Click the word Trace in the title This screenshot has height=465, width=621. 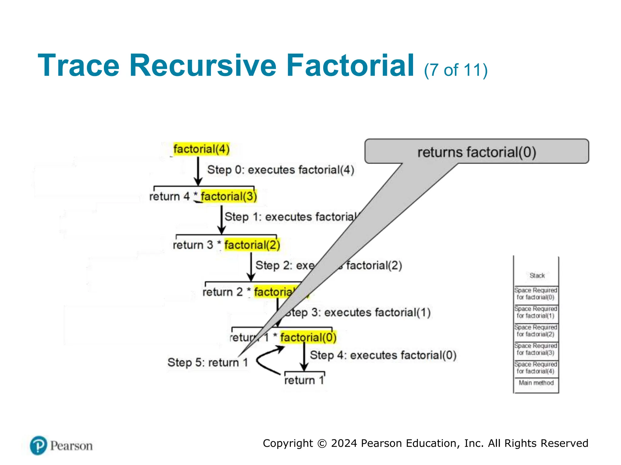[79, 66]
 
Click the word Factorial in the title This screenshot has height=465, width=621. [350, 66]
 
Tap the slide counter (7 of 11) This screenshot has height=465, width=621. [455, 70]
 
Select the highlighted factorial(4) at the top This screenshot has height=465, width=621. [201, 149]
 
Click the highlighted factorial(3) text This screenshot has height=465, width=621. [229, 196]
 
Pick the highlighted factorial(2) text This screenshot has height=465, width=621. [252, 245]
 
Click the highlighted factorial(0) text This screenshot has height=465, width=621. [308, 337]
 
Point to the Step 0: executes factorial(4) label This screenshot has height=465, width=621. [280, 170]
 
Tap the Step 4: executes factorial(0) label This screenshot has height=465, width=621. [383, 355]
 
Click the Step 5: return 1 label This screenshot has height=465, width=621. [208, 362]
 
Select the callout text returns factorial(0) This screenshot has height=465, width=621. [476, 152]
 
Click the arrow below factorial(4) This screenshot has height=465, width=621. [198, 171]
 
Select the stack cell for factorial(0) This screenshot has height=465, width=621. [536, 294]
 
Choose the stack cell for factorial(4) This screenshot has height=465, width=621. [536, 368]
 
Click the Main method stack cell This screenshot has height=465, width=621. [536, 383]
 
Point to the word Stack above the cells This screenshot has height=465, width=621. [537, 275]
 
